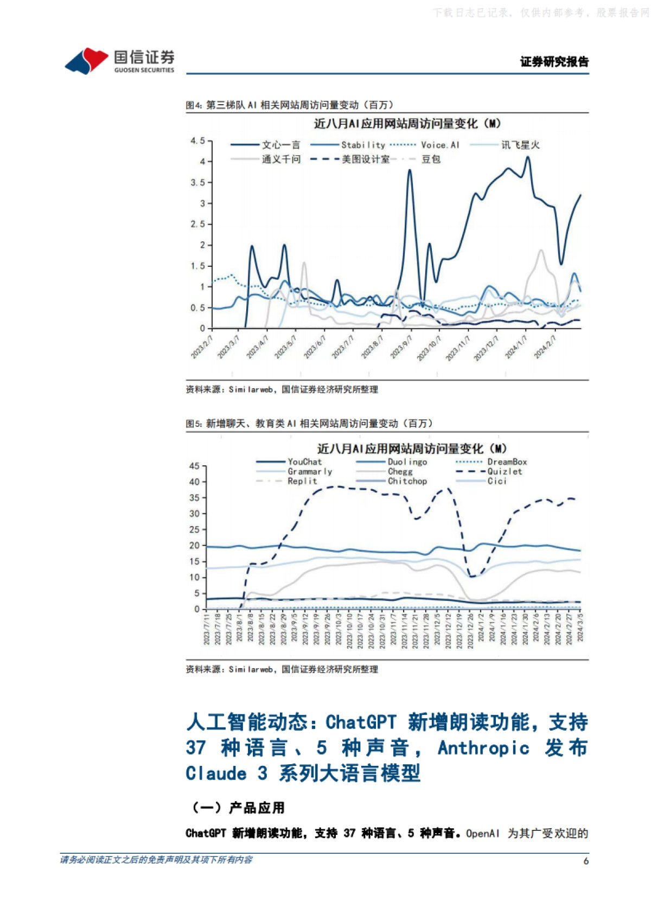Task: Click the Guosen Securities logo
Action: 119,60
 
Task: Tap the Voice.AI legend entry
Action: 440,145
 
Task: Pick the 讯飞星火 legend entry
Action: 520,145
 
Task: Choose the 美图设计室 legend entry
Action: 365,159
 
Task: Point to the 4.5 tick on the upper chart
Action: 197,141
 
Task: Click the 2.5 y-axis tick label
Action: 197,224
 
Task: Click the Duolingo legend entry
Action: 407,462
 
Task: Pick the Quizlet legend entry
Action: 505,472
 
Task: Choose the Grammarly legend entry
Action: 309,472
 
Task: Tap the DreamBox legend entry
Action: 507,462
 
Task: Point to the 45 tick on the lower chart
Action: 194,466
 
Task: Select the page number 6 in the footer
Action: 586,861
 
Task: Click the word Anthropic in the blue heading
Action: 483,748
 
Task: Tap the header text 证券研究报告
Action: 554,62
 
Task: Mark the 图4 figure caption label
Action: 194,105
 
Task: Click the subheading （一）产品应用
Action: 235,808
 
